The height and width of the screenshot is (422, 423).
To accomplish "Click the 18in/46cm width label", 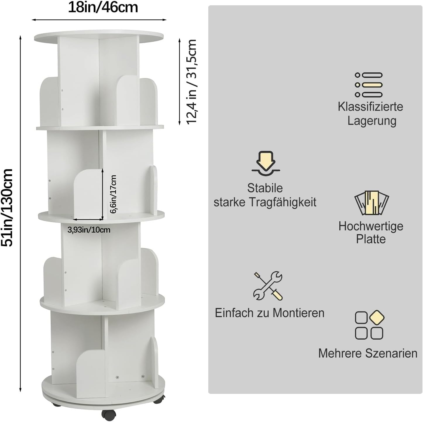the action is pyautogui.click(x=103, y=8).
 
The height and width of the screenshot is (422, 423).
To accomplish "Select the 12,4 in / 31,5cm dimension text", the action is pyautogui.click(x=191, y=82).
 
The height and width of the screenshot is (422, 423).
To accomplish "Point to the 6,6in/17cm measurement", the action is pyautogui.click(x=113, y=194).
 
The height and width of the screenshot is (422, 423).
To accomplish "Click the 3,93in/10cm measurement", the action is pyautogui.click(x=89, y=230).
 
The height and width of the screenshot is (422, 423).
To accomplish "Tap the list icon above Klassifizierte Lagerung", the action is pyautogui.click(x=369, y=85).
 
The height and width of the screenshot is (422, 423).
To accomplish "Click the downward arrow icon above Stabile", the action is pyautogui.click(x=266, y=163).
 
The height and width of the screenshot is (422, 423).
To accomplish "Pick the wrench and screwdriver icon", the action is pyautogui.click(x=268, y=286).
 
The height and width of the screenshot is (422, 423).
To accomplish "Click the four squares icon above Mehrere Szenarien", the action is pyautogui.click(x=370, y=325).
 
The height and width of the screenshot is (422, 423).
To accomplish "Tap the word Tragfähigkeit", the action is pyautogui.click(x=283, y=202).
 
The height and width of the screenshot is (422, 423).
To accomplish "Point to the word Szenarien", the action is pyautogui.click(x=391, y=353).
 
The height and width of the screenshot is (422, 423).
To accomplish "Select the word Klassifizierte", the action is pyautogui.click(x=370, y=107).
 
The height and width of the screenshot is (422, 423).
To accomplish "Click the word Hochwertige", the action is pyautogui.click(x=371, y=226).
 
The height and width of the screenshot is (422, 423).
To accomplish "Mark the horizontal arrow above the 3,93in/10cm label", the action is pyautogui.click(x=88, y=219).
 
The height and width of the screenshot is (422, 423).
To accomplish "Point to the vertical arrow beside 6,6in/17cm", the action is pyautogui.click(x=102, y=194).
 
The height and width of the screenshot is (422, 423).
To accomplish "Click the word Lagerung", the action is pyautogui.click(x=372, y=121).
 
